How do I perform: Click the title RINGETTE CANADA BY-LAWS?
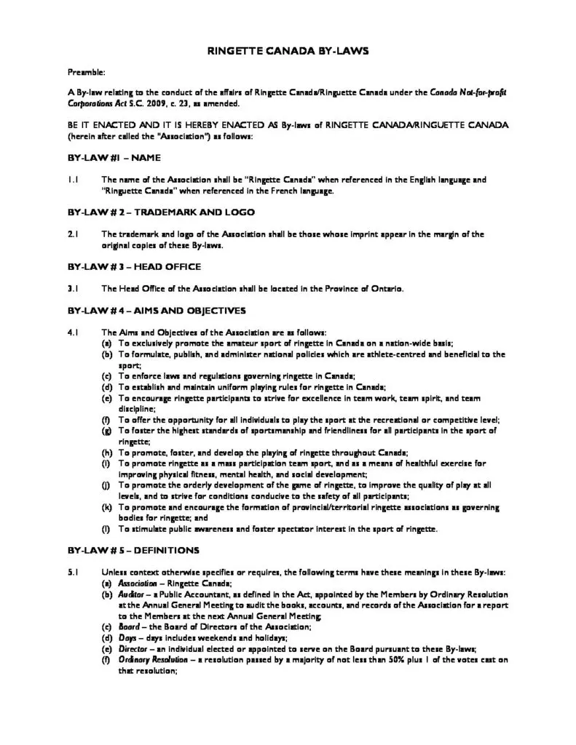pos(288,52)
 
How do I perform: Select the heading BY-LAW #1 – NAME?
pos(114,157)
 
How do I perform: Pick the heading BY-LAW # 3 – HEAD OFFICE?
pos(130,267)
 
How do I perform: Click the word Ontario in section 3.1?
pos(386,289)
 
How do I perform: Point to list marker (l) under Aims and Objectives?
pos(106,528)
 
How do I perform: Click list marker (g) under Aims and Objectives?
pos(106,431)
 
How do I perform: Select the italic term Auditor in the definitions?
pos(133,594)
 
